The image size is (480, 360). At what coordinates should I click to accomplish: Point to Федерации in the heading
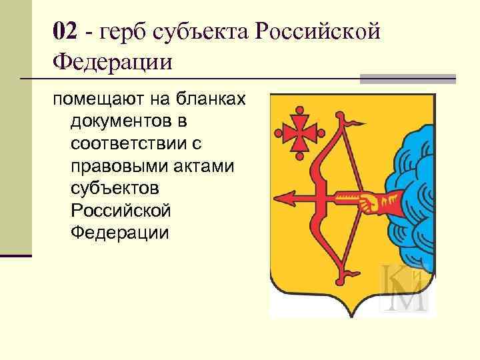113,63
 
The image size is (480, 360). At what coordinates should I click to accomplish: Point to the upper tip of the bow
350,121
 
